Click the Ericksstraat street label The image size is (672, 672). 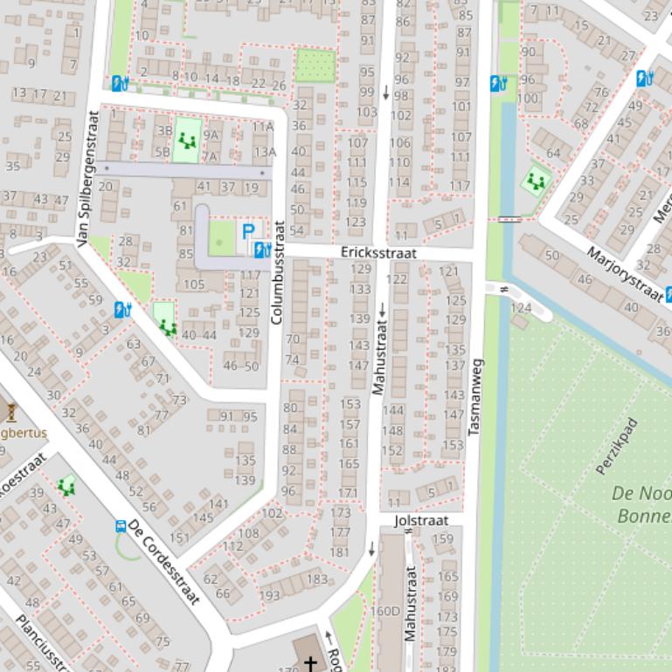(x=378, y=252)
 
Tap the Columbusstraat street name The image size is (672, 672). (x=278, y=272)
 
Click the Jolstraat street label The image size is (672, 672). (x=421, y=520)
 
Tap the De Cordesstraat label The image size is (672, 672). (x=163, y=562)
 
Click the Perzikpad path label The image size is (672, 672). (x=617, y=446)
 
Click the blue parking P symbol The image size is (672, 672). (x=248, y=232)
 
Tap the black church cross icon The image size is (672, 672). (x=309, y=664)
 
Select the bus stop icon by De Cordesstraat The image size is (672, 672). (x=121, y=526)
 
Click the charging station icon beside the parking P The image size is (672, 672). (x=261, y=250)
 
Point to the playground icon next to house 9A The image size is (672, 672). (x=185, y=139)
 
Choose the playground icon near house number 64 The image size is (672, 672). (x=536, y=182)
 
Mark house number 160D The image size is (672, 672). (x=384, y=611)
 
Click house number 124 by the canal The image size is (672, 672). (x=521, y=308)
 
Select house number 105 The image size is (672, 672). (x=193, y=285)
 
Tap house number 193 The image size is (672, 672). (x=270, y=595)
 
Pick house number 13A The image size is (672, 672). (x=265, y=152)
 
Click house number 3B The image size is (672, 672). (x=163, y=130)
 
